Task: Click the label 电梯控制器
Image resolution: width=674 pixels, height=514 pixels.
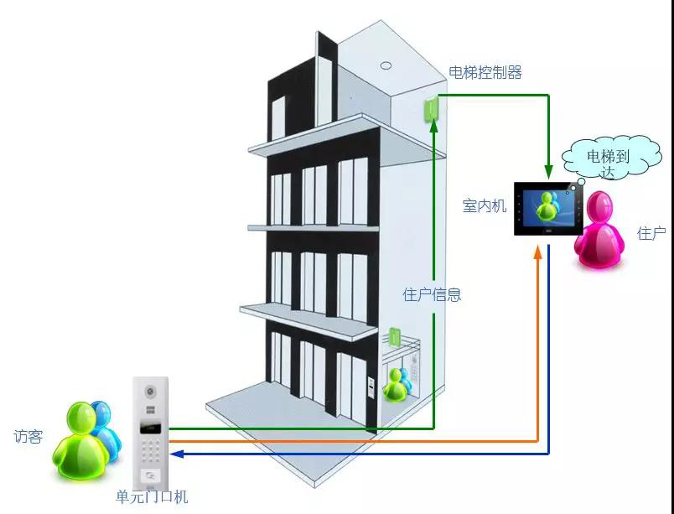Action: pos(485,72)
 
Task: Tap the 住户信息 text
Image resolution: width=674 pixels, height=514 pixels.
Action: pos(432,295)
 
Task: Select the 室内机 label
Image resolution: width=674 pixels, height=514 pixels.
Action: pos(485,206)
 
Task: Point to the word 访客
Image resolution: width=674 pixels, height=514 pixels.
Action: pos(29,436)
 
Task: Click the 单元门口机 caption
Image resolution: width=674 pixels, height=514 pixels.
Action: pos(152,496)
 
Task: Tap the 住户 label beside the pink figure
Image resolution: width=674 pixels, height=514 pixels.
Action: pos(651,233)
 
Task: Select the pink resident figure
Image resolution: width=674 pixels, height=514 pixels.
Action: pos(599,230)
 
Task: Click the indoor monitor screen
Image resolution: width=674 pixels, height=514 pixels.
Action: pos(549,209)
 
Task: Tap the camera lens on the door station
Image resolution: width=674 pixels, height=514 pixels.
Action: pos(150,392)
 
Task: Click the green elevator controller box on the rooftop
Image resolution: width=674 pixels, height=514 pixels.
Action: pos(431,109)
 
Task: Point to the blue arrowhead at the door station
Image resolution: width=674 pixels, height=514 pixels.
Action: pos(177,454)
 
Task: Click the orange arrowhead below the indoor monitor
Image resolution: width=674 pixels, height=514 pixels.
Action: pos(537,252)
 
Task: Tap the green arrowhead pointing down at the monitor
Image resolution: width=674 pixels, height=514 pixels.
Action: pos(548,171)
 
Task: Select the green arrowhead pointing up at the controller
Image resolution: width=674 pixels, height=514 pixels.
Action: pos(433,126)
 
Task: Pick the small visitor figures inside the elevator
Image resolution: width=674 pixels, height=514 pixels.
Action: pos(398,384)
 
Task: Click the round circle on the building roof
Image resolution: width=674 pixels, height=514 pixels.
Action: pos(386,65)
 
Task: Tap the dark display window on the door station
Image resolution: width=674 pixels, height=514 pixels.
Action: pos(150,428)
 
